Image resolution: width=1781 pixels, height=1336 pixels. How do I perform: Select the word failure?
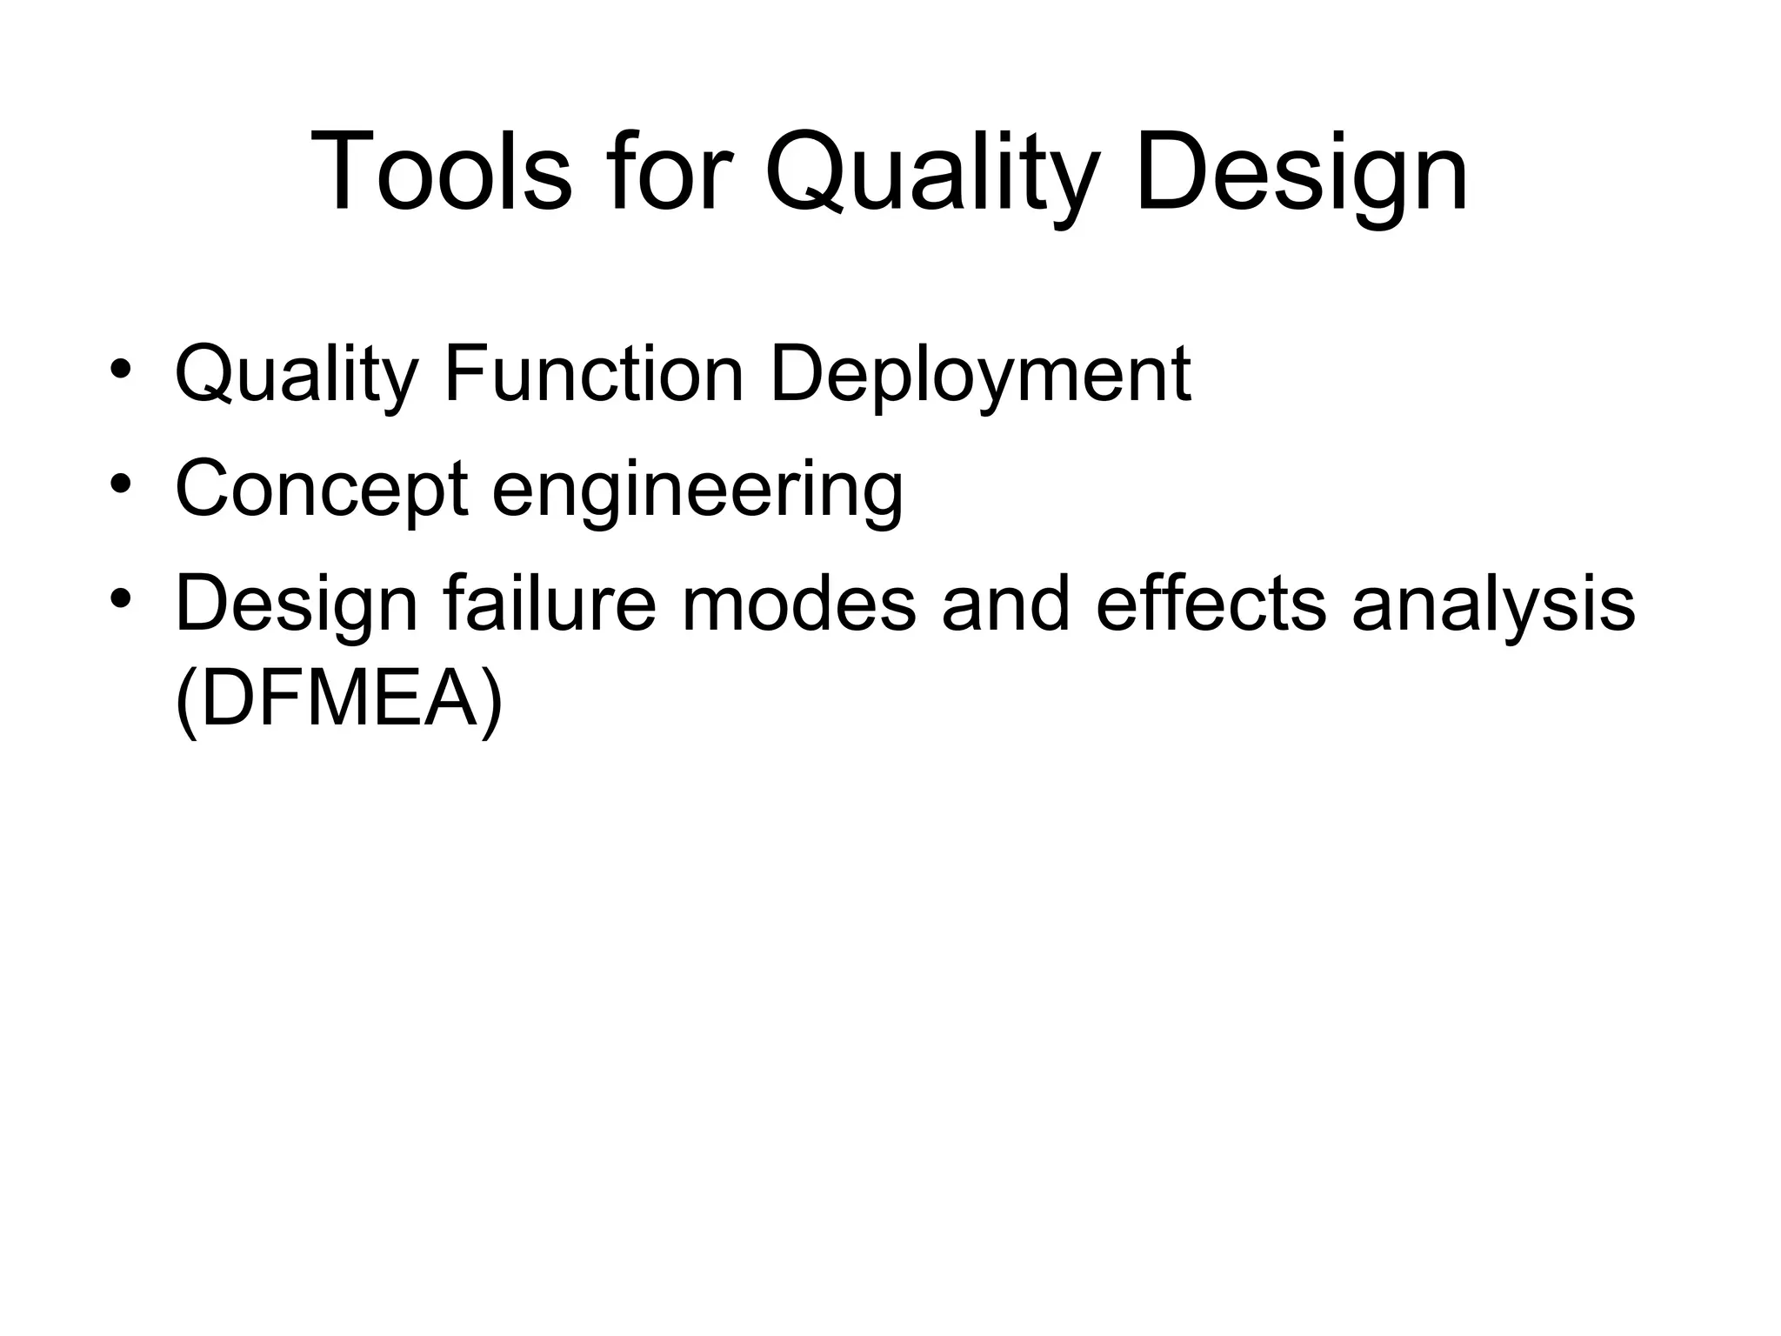549,604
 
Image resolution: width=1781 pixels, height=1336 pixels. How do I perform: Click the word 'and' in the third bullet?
1005,604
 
